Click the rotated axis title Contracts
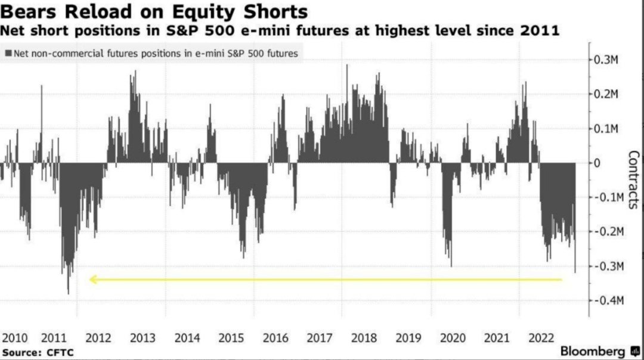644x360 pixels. (x=633, y=179)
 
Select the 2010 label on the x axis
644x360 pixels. (x=15, y=338)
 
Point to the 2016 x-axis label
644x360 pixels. (x=275, y=338)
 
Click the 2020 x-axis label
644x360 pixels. (x=453, y=338)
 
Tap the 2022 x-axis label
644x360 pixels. (x=541, y=338)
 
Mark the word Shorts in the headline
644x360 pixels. (x=280, y=11)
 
